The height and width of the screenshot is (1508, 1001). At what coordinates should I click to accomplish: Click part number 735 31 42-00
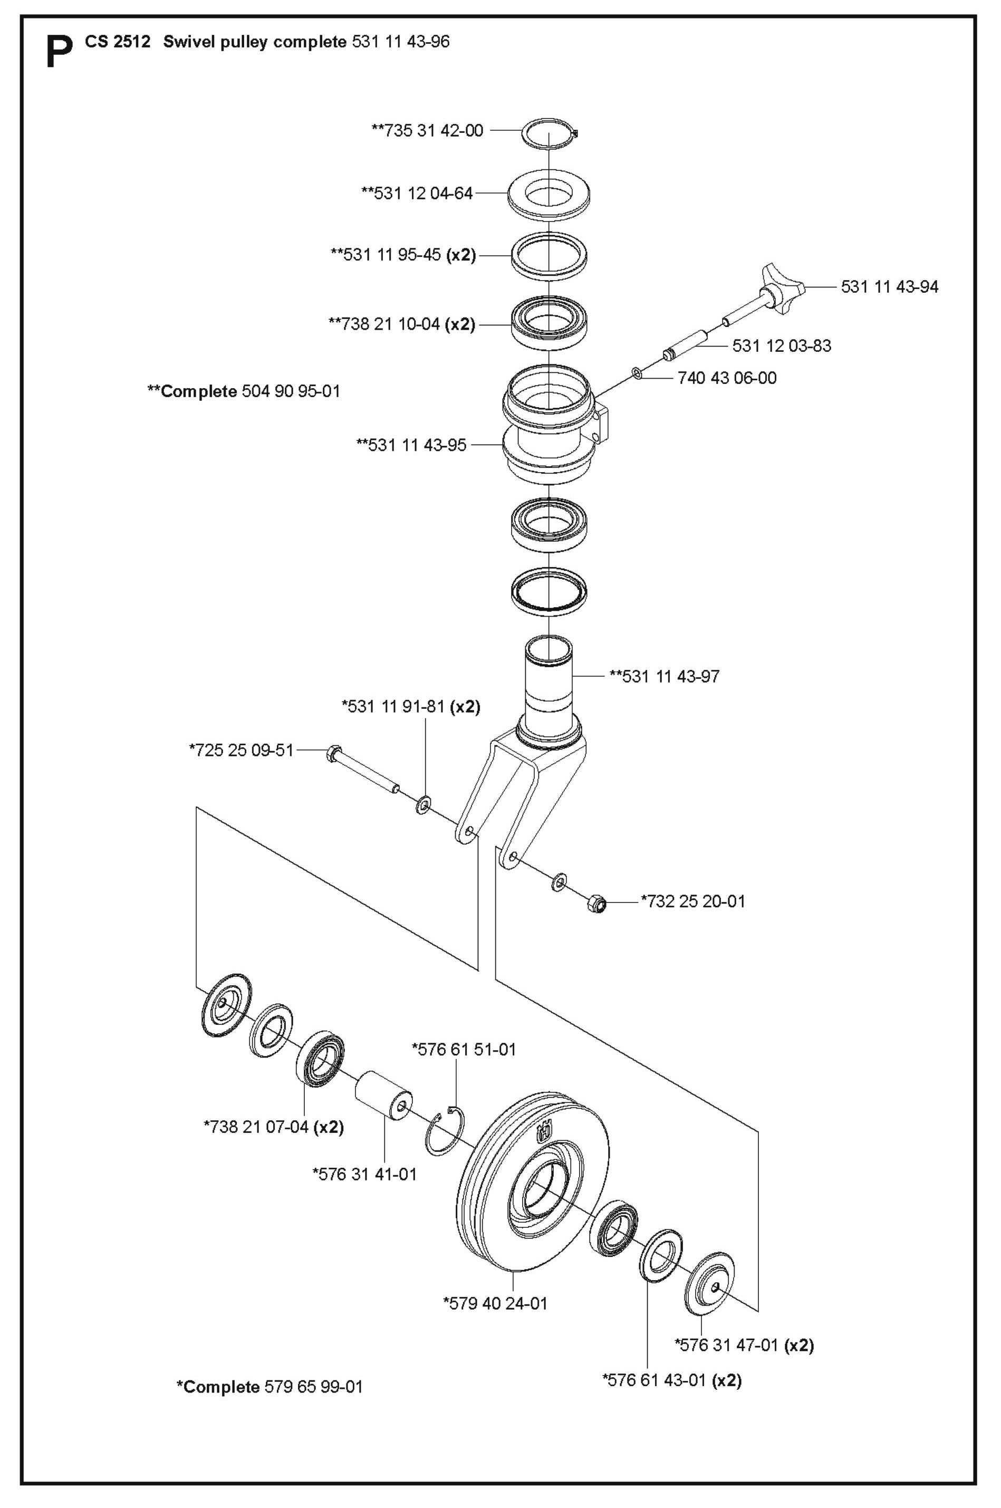[428, 130]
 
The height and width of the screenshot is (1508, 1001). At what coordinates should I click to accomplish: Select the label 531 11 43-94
[889, 286]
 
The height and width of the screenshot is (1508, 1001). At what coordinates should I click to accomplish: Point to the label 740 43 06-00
[727, 378]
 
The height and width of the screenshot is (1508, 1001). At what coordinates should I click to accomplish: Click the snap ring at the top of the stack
[550, 134]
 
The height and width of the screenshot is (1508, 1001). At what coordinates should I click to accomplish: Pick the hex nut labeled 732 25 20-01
[596, 904]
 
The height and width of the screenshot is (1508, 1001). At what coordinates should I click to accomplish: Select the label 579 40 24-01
[495, 1303]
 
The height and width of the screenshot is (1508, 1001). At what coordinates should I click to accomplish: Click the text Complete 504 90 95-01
[244, 391]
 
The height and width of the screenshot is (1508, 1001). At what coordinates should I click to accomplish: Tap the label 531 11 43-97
[664, 676]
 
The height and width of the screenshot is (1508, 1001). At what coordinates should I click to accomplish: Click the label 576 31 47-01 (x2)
[744, 1345]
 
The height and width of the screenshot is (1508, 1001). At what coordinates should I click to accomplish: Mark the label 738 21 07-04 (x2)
[274, 1127]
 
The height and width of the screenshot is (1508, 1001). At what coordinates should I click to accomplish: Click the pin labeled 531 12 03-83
[686, 343]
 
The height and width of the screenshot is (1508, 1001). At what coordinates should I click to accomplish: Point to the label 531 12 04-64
[417, 193]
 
